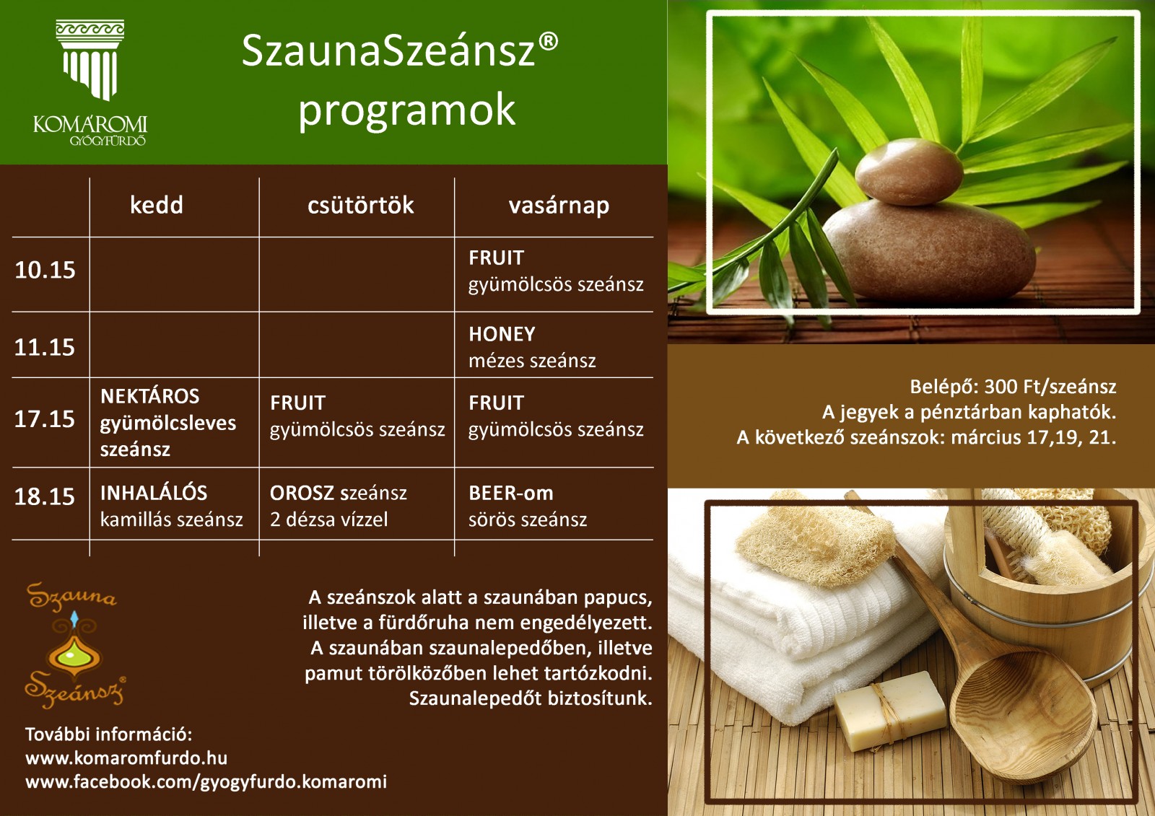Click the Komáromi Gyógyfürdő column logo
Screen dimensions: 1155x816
(90, 82)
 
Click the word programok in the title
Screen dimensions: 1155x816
(407, 110)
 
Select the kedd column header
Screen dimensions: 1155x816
(156, 205)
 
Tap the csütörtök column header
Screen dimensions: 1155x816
(360, 205)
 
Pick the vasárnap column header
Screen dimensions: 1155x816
(559, 206)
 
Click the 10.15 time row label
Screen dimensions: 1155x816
(45, 270)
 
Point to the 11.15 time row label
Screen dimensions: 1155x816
(44, 348)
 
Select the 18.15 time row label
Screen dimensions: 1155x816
(44, 497)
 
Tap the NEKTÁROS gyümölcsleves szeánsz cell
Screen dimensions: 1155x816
(168, 423)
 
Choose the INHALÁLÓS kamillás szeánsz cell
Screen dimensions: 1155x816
(171, 506)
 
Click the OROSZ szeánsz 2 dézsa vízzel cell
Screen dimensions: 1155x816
(339, 506)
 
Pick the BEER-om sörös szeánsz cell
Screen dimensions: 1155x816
(528, 506)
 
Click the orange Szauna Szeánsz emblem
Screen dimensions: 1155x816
(75, 645)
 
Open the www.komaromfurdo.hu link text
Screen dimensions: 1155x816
(126, 758)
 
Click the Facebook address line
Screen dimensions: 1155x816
(206, 782)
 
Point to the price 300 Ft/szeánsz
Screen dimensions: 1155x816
(1050, 387)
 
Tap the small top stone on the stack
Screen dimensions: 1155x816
(909, 172)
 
